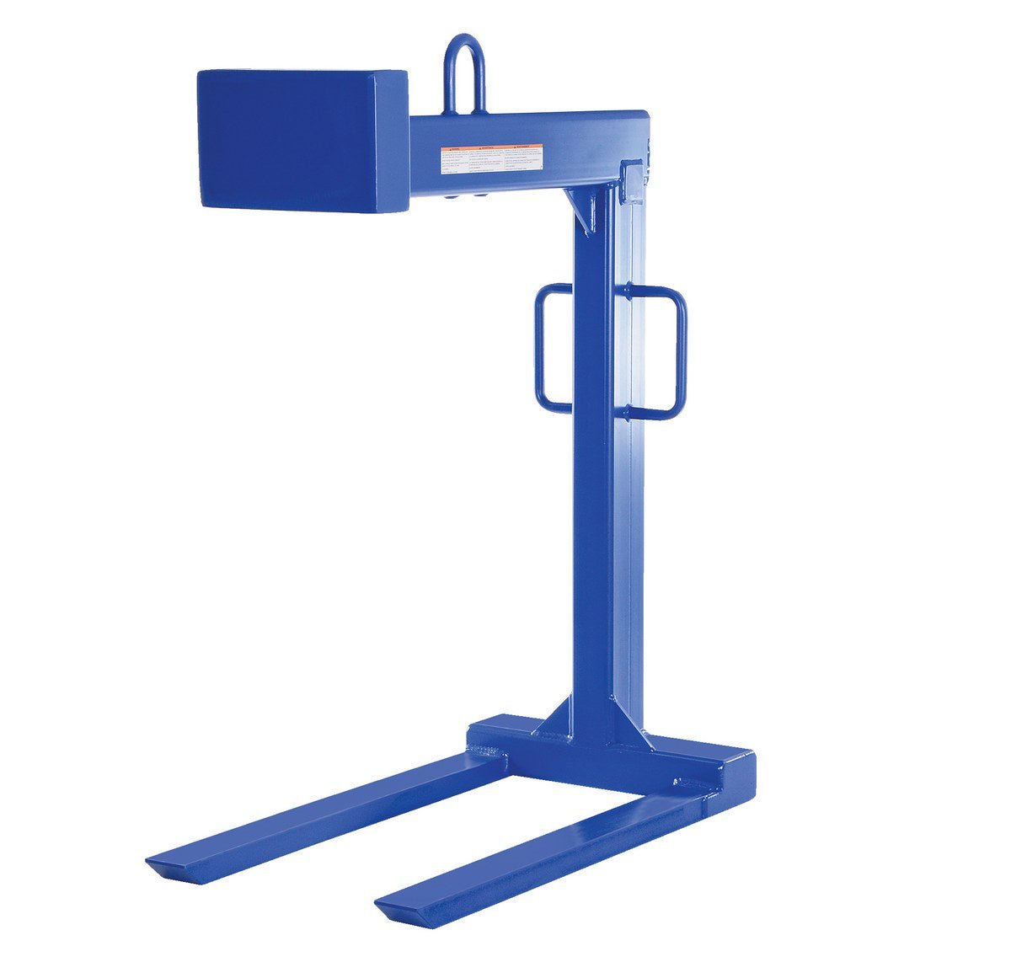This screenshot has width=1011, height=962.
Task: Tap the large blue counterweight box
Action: pos(302,139)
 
